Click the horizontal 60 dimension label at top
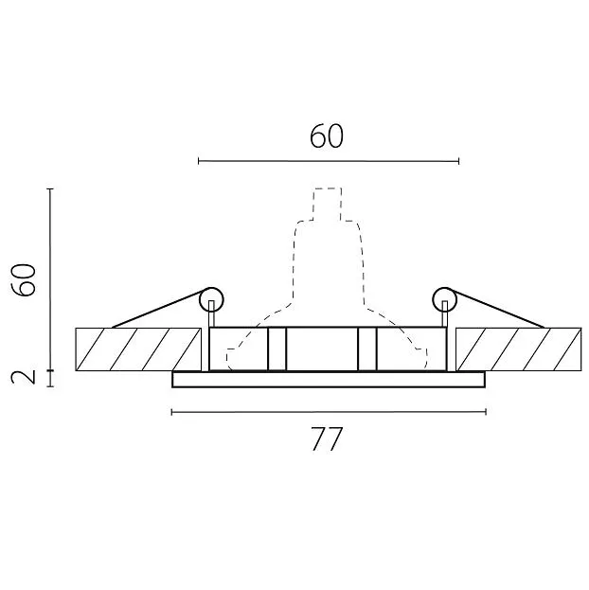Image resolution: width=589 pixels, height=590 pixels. tap(327, 136)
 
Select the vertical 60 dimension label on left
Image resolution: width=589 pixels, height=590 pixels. tap(24, 280)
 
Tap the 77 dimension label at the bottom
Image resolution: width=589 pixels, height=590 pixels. tap(327, 438)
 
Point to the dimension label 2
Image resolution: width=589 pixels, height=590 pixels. tap(24, 377)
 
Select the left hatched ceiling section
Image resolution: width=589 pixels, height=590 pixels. tap(138, 349)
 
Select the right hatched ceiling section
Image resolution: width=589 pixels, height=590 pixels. tap(519, 349)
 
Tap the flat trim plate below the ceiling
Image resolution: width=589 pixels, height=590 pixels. tap(329, 379)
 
